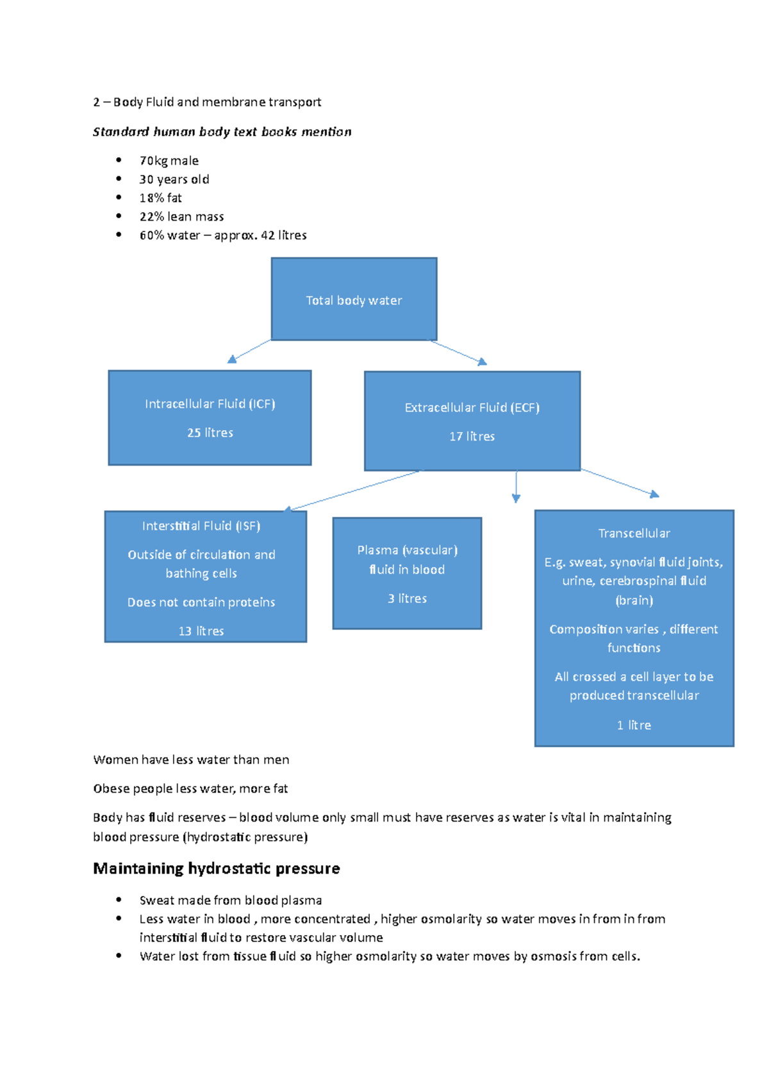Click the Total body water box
click(x=354, y=300)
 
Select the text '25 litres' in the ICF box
click(x=210, y=433)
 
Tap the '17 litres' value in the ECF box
click(x=472, y=437)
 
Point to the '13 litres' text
click(x=201, y=631)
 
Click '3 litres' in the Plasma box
click(x=407, y=598)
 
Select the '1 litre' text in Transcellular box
click(x=634, y=725)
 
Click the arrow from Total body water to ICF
click(x=250, y=351)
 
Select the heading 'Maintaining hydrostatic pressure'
click(x=217, y=868)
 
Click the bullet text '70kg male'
click(x=169, y=161)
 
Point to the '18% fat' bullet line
click(x=161, y=198)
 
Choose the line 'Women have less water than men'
click(x=191, y=760)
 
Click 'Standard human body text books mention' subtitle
click(x=222, y=132)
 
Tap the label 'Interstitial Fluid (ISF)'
click(x=201, y=526)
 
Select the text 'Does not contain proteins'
click(x=201, y=602)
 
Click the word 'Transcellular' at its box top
click(x=634, y=534)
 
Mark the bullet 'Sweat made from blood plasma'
click(x=231, y=900)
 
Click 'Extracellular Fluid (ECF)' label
click(x=472, y=408)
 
